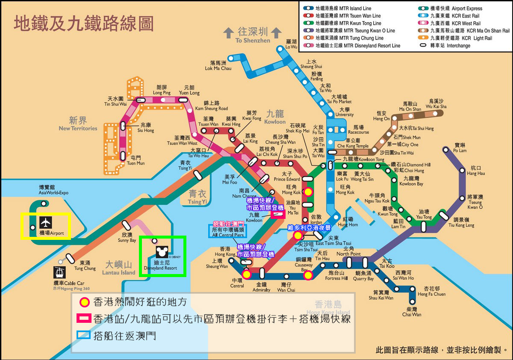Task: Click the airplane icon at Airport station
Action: pyautogui.click(x=46, y=223)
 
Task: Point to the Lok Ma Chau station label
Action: pyautogui.click(x=218, y=65)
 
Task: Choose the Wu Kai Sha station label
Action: pyautogui.click(x=437, y=104)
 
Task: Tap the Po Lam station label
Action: pyautogui.click(x=460, y=148)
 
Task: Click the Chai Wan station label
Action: pyautogui.click(x=412, y=312)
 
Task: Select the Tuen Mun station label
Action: pyautogui.click(x=136, y=160)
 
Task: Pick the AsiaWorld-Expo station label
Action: pyautogui.click(x=53, y=190)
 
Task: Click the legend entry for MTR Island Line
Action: pyautogui.click(x=338, y=8)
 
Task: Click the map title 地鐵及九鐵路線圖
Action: pyautogui.click(x=84, y=24)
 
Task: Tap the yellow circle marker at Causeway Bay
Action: pyautogui.click(x=308, y=275)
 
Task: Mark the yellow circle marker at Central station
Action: pyautogui.click(x=246, y=274)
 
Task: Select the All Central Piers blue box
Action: pyautogui.click(x=228, y=230)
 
